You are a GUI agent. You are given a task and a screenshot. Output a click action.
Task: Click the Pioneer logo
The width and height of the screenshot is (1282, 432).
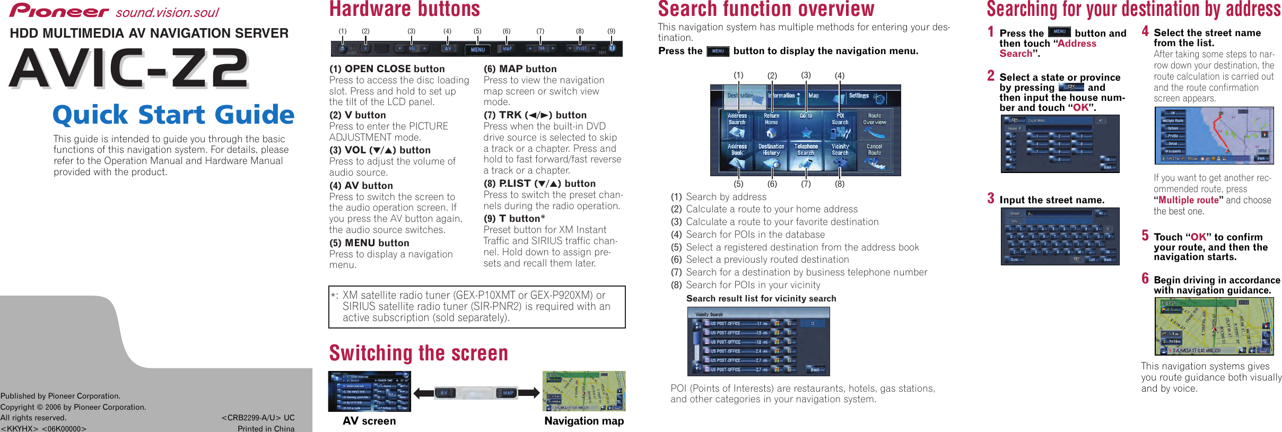pos(59,11)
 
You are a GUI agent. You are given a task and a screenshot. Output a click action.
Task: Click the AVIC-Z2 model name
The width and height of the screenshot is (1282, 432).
pos(129,68)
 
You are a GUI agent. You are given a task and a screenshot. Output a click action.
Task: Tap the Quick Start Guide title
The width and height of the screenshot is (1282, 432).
pos(173,115)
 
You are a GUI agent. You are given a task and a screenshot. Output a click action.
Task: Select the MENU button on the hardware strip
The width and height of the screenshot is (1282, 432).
pos(477,49)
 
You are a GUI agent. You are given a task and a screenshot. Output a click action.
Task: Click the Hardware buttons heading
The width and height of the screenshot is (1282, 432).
pos(405,10)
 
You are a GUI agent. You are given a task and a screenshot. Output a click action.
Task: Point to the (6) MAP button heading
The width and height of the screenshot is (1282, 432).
pos(520,69)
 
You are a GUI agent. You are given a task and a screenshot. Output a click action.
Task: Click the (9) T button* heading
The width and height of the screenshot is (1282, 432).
pos(514,219)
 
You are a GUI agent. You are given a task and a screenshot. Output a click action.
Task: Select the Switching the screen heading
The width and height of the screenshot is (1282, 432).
pos(418,353)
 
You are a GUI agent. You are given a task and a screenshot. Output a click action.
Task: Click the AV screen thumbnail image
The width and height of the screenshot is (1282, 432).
pos(370,392)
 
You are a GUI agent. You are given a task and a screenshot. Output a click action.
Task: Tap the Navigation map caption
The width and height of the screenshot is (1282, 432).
pos(584,421)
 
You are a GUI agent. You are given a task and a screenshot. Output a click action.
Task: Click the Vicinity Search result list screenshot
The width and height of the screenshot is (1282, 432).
pos(758,341)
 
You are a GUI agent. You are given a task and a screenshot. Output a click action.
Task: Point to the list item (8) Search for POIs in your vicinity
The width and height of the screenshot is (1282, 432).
pos(753,285)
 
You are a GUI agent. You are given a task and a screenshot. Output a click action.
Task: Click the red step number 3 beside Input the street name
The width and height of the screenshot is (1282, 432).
pos(990,198)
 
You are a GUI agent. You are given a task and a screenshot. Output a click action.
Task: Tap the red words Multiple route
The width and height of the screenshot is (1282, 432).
pos(1188,200)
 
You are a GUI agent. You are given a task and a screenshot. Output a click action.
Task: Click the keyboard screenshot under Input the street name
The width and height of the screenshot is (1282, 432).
pos(1060,237)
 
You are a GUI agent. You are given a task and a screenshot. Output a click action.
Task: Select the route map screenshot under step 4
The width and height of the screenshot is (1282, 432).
pos(1214,136)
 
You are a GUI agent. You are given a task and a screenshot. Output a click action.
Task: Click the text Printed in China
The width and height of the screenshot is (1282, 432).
pos(266,428)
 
